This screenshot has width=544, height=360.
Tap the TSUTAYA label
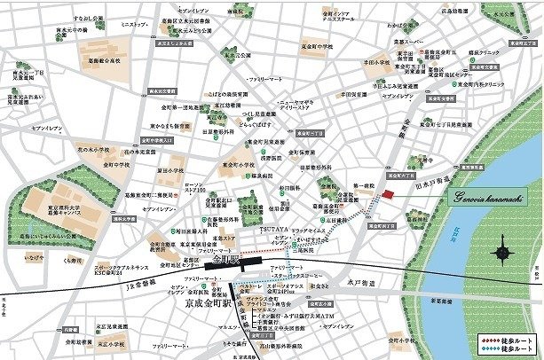pos(275,230)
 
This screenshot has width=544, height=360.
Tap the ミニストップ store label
pos(134,23)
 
